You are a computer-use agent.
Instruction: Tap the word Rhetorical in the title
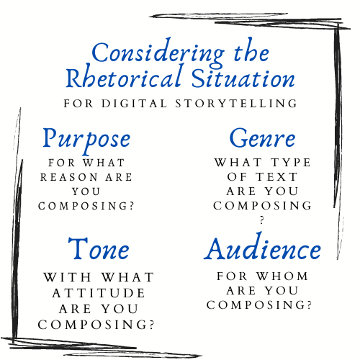124,77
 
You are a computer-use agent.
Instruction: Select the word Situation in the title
243,78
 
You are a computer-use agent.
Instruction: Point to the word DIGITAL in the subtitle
134,104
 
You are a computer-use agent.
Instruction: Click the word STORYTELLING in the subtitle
236,104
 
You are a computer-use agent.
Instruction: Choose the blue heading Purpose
86,140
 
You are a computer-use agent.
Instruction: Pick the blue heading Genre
262,138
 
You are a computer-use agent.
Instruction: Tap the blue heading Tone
99,248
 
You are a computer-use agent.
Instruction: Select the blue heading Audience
262,247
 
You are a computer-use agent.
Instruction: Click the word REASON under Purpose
69,177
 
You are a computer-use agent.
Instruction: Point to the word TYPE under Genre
291,163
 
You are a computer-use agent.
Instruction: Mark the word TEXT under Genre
276,177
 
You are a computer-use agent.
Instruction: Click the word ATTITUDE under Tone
99,293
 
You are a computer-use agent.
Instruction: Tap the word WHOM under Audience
282,276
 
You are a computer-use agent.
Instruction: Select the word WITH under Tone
68,277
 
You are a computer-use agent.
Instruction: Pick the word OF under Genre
237,177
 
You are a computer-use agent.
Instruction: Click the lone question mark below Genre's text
262,220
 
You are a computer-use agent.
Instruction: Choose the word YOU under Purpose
86,192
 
